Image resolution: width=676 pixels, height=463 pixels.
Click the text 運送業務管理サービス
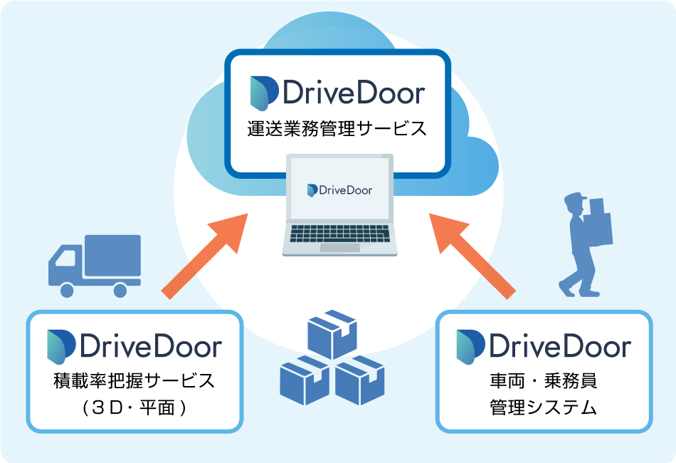(337, 129)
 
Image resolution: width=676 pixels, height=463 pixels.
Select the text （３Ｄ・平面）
(134, 408)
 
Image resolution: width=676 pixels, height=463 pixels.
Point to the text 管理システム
(544, 408)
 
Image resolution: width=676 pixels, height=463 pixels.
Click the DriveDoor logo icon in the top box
(264, 93)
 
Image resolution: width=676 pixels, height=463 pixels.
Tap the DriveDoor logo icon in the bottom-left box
(61, 347)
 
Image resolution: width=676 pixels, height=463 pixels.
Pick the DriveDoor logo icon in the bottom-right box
(470, 347)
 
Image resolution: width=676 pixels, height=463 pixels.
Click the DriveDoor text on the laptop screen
(340, 190)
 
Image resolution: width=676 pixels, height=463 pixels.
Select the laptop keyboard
(340, 232)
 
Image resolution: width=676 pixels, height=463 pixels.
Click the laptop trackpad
(340, 247)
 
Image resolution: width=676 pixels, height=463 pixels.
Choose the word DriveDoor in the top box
(354, 93)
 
